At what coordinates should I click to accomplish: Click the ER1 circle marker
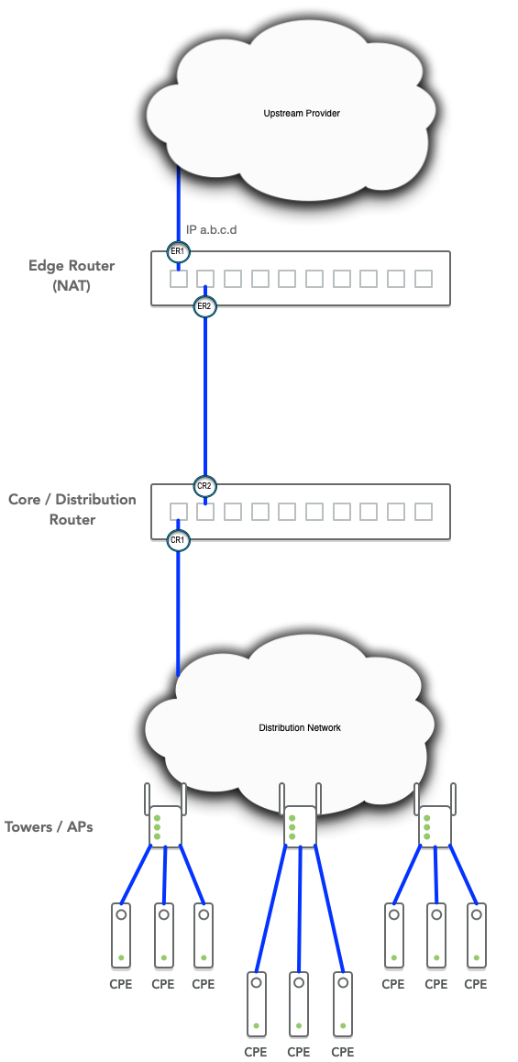[178, 252]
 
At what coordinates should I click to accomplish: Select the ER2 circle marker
[204, 306]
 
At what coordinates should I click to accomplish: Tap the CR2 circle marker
[204, 486]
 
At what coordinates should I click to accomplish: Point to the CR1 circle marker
[178, 540]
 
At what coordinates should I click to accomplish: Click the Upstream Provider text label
[302, 113]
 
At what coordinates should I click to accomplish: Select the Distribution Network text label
[300, 727]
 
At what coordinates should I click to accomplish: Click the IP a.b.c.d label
[211, 230]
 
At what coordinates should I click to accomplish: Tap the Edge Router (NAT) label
[72, 275]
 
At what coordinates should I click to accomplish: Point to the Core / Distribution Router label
[72, 509]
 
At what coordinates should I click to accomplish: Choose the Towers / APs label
[49, 826]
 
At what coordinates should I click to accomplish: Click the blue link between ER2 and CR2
[204, 395]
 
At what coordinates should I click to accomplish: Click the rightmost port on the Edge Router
[424, 279]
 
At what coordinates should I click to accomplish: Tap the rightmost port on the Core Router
[424, 512]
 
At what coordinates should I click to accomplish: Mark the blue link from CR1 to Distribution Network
[178, 613]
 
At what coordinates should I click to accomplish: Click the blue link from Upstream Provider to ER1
[179, 205]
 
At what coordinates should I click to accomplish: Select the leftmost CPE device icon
[121, 935]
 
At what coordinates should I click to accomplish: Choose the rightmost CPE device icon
[477, 935]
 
